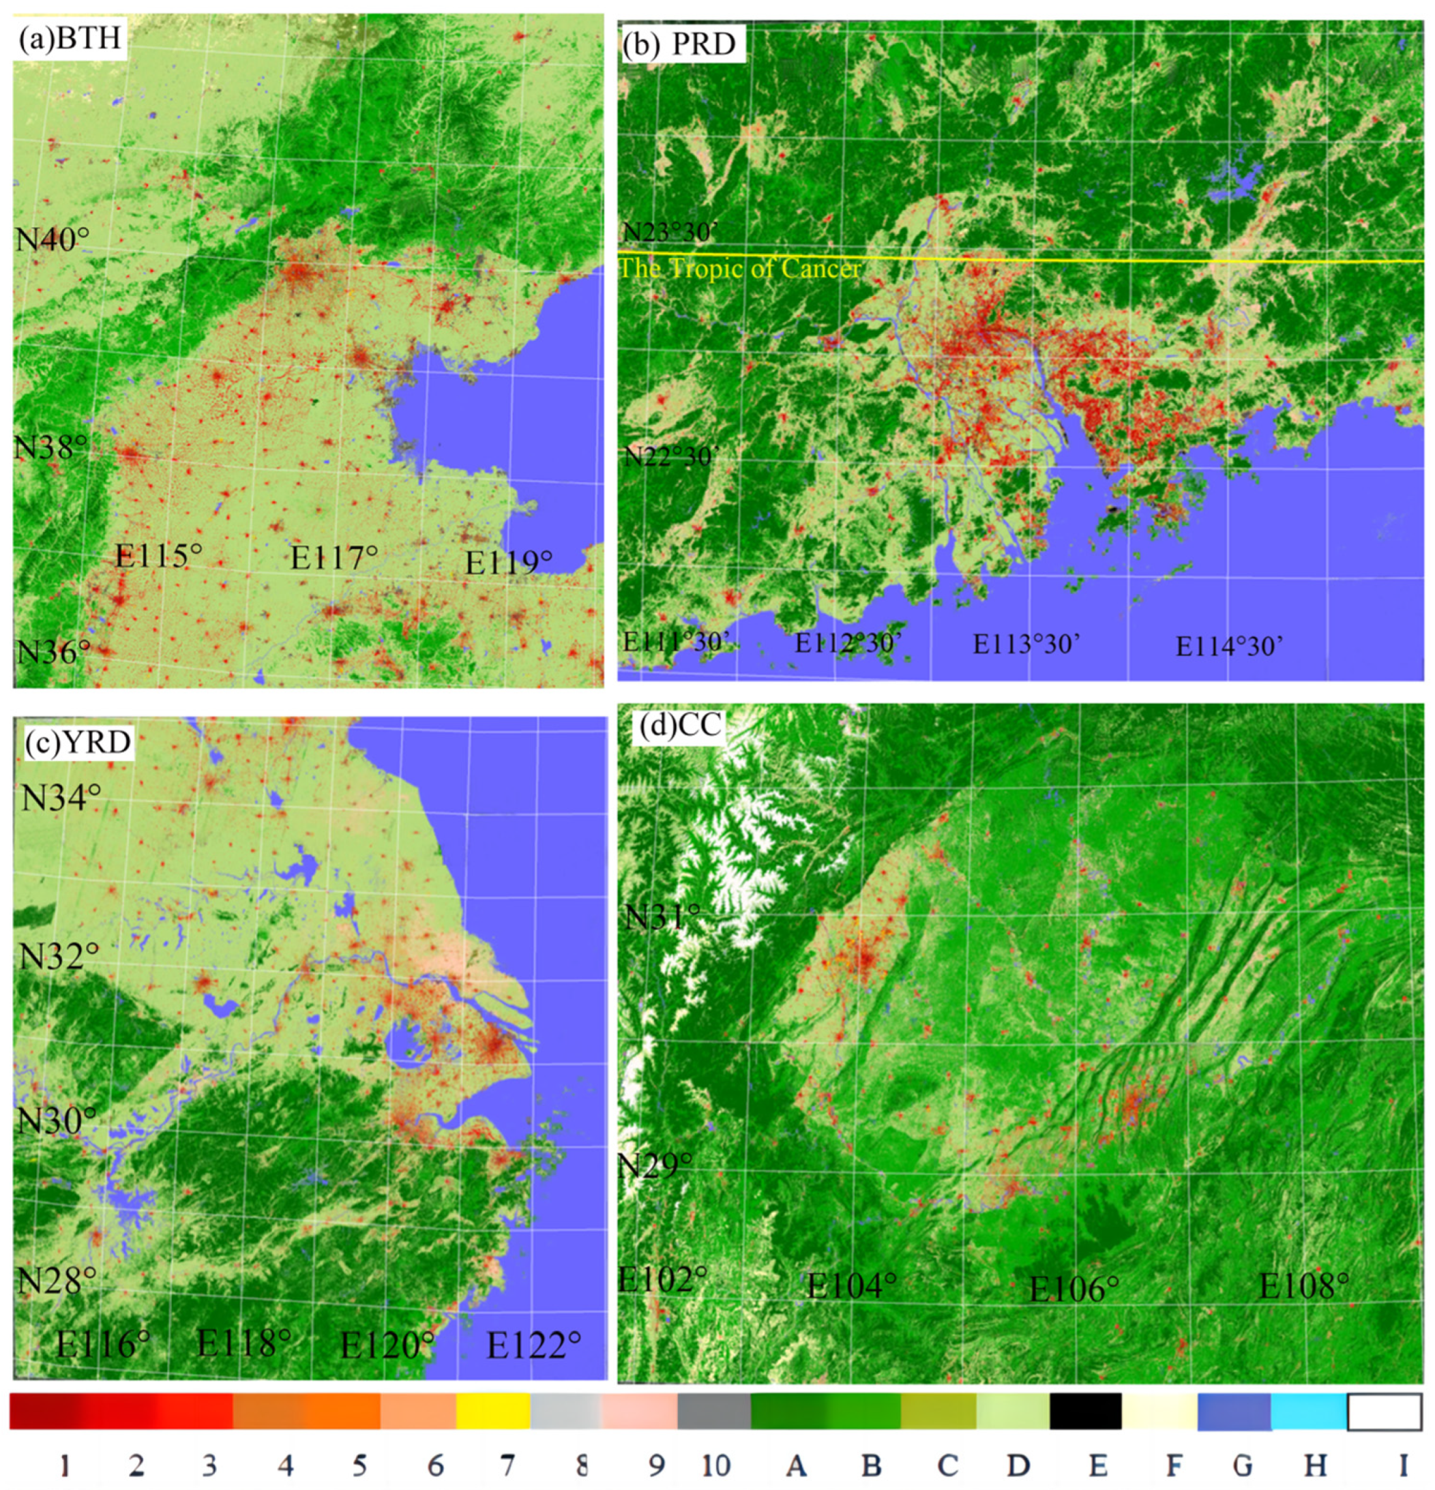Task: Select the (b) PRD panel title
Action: pos(680,44)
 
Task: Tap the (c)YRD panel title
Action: pos(78,741)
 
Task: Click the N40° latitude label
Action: pos(52,240)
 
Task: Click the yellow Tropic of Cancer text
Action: pos(740,269)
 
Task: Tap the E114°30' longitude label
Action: pos(1229,647)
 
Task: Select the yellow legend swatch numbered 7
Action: pos(493,1411)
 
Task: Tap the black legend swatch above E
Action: pos(1085,1411)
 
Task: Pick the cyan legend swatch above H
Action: pos(1308,1411)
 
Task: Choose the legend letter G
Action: pos(1242,1465)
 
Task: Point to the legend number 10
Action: pos(715,1465)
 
